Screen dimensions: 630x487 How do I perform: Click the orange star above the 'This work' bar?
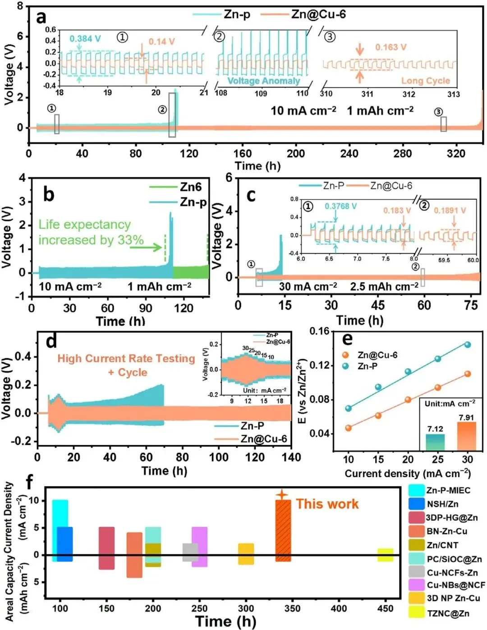(282, 494)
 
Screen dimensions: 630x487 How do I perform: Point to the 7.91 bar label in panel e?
(467, 418)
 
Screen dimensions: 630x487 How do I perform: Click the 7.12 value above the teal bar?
(435, 429)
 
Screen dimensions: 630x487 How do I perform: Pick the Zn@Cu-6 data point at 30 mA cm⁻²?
(468, 374)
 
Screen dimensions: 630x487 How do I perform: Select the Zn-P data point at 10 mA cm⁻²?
(348, 409)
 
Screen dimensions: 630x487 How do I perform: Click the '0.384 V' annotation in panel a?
(85, 39)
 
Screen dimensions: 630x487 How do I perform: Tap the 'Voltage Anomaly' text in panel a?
(264, 81)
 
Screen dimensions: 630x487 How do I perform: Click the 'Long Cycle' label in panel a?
(426, 81)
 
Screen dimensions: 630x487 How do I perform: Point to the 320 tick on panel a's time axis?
(456, 154)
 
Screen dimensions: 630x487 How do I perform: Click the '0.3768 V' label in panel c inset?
(340, 207)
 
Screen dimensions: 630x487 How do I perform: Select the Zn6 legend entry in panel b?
(191, 187)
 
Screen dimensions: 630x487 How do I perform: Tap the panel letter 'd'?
(51, 341)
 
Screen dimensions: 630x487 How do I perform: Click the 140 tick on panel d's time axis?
(291, 457)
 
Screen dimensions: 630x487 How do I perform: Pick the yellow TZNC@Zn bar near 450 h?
(386, 555)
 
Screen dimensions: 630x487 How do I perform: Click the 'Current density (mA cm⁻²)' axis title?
(408, 474)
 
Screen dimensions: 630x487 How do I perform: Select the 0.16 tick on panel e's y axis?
(319, 331)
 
